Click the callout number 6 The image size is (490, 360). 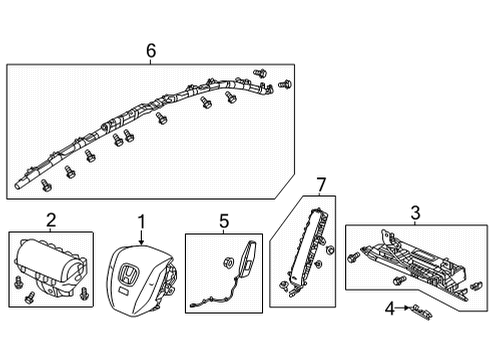151,50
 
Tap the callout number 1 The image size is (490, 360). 141,219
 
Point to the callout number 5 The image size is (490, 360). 224,219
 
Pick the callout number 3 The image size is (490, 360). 413,211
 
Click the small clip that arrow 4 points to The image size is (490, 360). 420,310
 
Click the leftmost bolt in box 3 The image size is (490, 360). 354,258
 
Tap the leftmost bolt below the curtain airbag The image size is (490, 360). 47,186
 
